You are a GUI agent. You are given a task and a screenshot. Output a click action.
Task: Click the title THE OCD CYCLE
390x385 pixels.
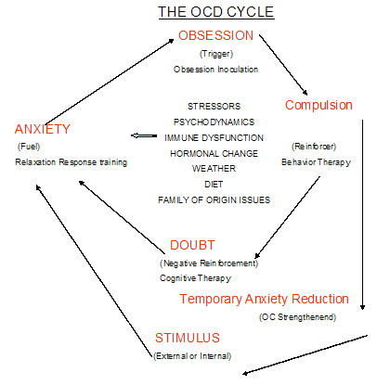(x=214, y=12)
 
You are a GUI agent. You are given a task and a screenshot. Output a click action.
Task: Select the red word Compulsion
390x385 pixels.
(x=318, y=105)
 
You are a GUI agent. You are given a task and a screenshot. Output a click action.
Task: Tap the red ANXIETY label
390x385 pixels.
(x=42, y=129)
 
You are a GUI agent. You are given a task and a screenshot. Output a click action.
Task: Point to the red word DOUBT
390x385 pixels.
(x=193, y=246)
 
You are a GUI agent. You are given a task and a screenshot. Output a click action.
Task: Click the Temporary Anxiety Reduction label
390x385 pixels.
(x=264, y=299)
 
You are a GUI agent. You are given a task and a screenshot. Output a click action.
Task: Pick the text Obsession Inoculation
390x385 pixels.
(x=214, y=70)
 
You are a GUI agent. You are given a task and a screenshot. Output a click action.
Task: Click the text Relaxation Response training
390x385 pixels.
(x=71, y=162)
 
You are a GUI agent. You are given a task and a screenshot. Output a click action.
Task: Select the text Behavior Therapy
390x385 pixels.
(x=318, y=162)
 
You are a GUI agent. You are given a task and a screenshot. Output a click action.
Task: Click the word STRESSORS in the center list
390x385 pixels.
(x=213, y=105)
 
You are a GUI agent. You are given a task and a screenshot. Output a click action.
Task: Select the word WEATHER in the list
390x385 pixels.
(x=213, y=168)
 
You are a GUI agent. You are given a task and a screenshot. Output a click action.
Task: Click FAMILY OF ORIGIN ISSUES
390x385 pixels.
(x=214, y=199)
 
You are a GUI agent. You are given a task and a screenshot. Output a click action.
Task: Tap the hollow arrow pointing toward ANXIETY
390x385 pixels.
(x=143, y=135)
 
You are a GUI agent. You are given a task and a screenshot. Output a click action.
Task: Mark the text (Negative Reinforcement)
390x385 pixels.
(x=208, y=263)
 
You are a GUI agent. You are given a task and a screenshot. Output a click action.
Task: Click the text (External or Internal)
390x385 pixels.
(x=191, y=355)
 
